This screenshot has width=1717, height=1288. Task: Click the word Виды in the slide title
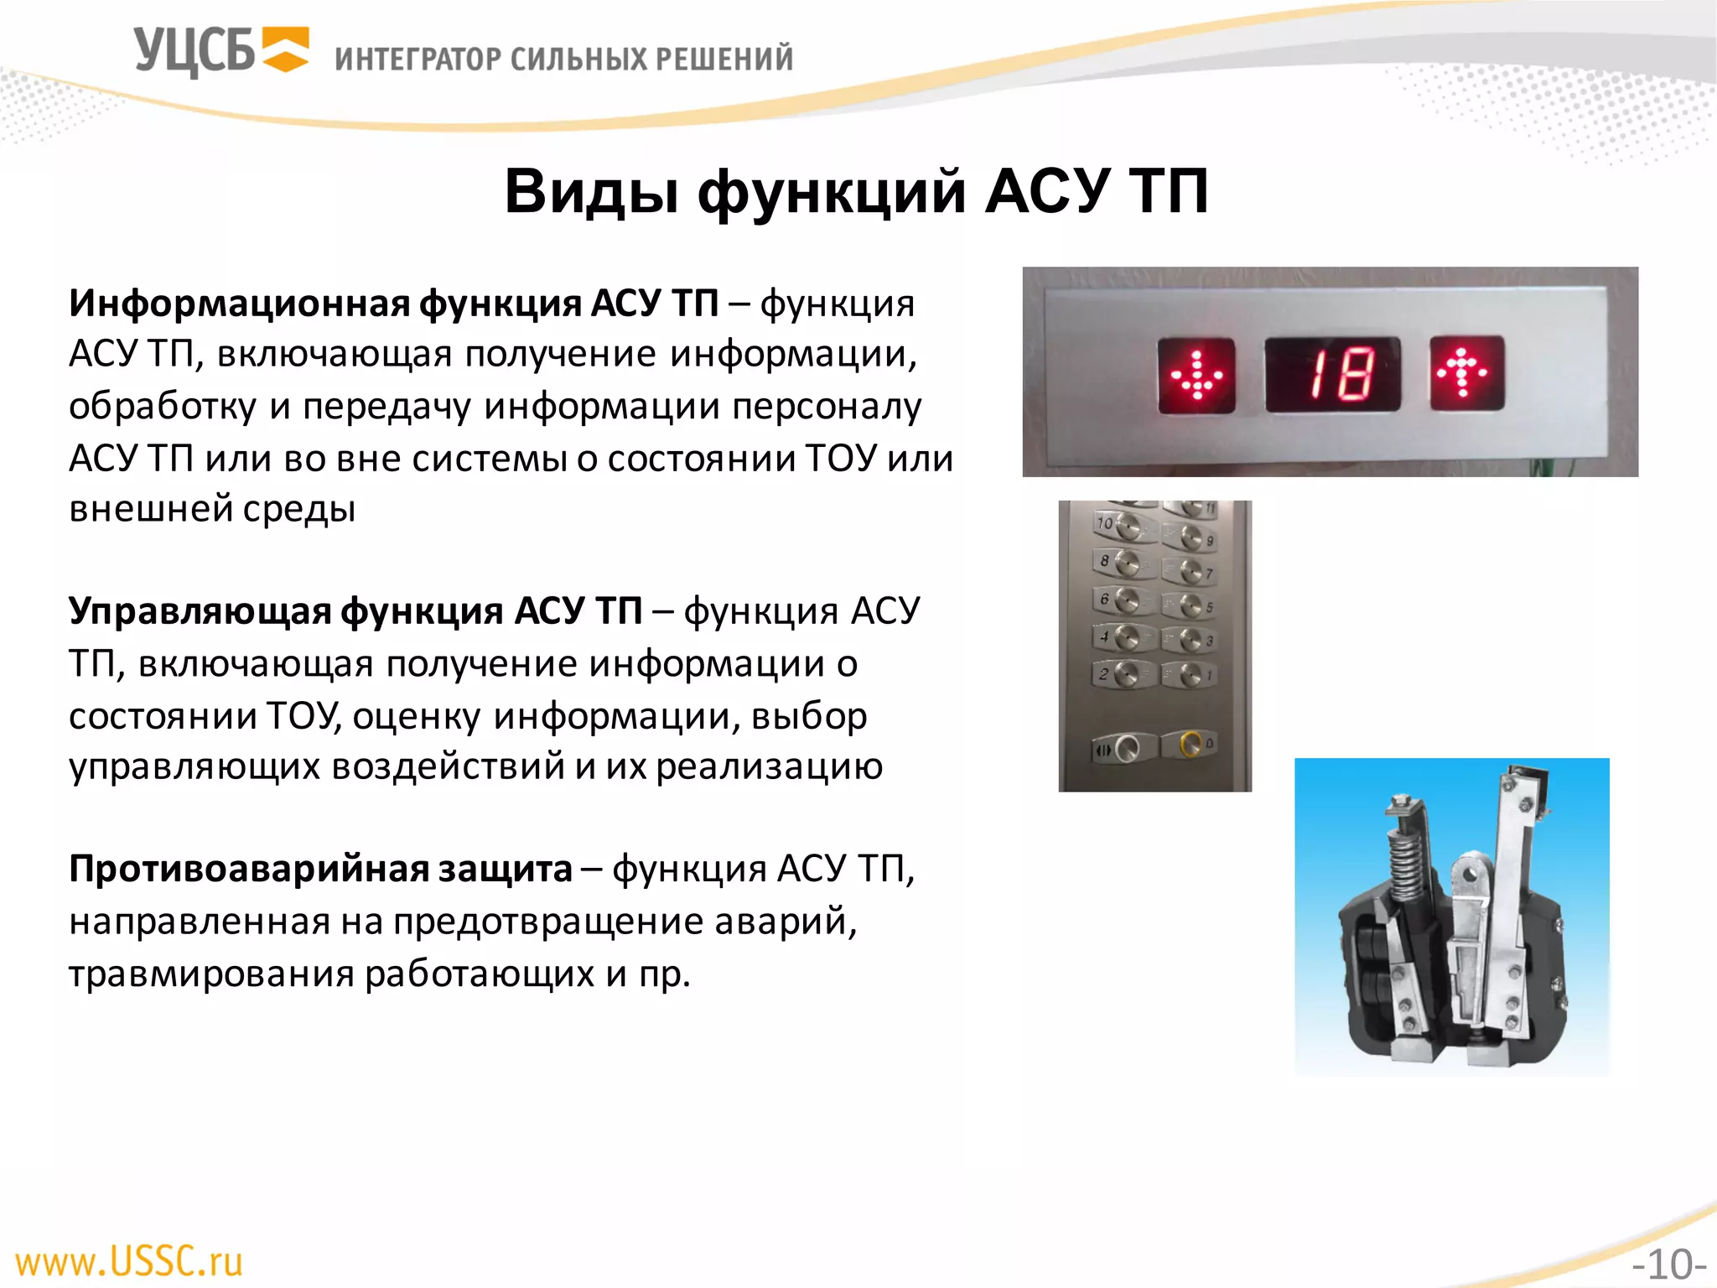click(x=591, y=192)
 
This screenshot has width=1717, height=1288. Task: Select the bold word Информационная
click(x=240, y=303)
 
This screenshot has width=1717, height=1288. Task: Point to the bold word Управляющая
click(x=200, y=610)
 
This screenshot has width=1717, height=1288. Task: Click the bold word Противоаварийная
click(x=248, y=869)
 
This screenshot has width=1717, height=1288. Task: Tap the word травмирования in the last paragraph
click(x=210, y=974)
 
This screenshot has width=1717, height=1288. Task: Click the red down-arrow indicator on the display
click(x=1196, y=375)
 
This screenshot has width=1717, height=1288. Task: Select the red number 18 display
click(x=1332, y=374)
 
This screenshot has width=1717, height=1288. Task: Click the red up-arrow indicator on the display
click(x=1466, y=373)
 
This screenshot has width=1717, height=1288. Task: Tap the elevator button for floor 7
click(x=1191, y=571)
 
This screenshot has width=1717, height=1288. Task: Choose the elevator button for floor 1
click(x=1190, y=673)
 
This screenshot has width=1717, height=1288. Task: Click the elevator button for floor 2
click(x=1126, y=673)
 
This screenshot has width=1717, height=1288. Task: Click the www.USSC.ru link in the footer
click(x=129, y=1261)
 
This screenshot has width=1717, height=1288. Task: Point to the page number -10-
click(x=1668, y=1264)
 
